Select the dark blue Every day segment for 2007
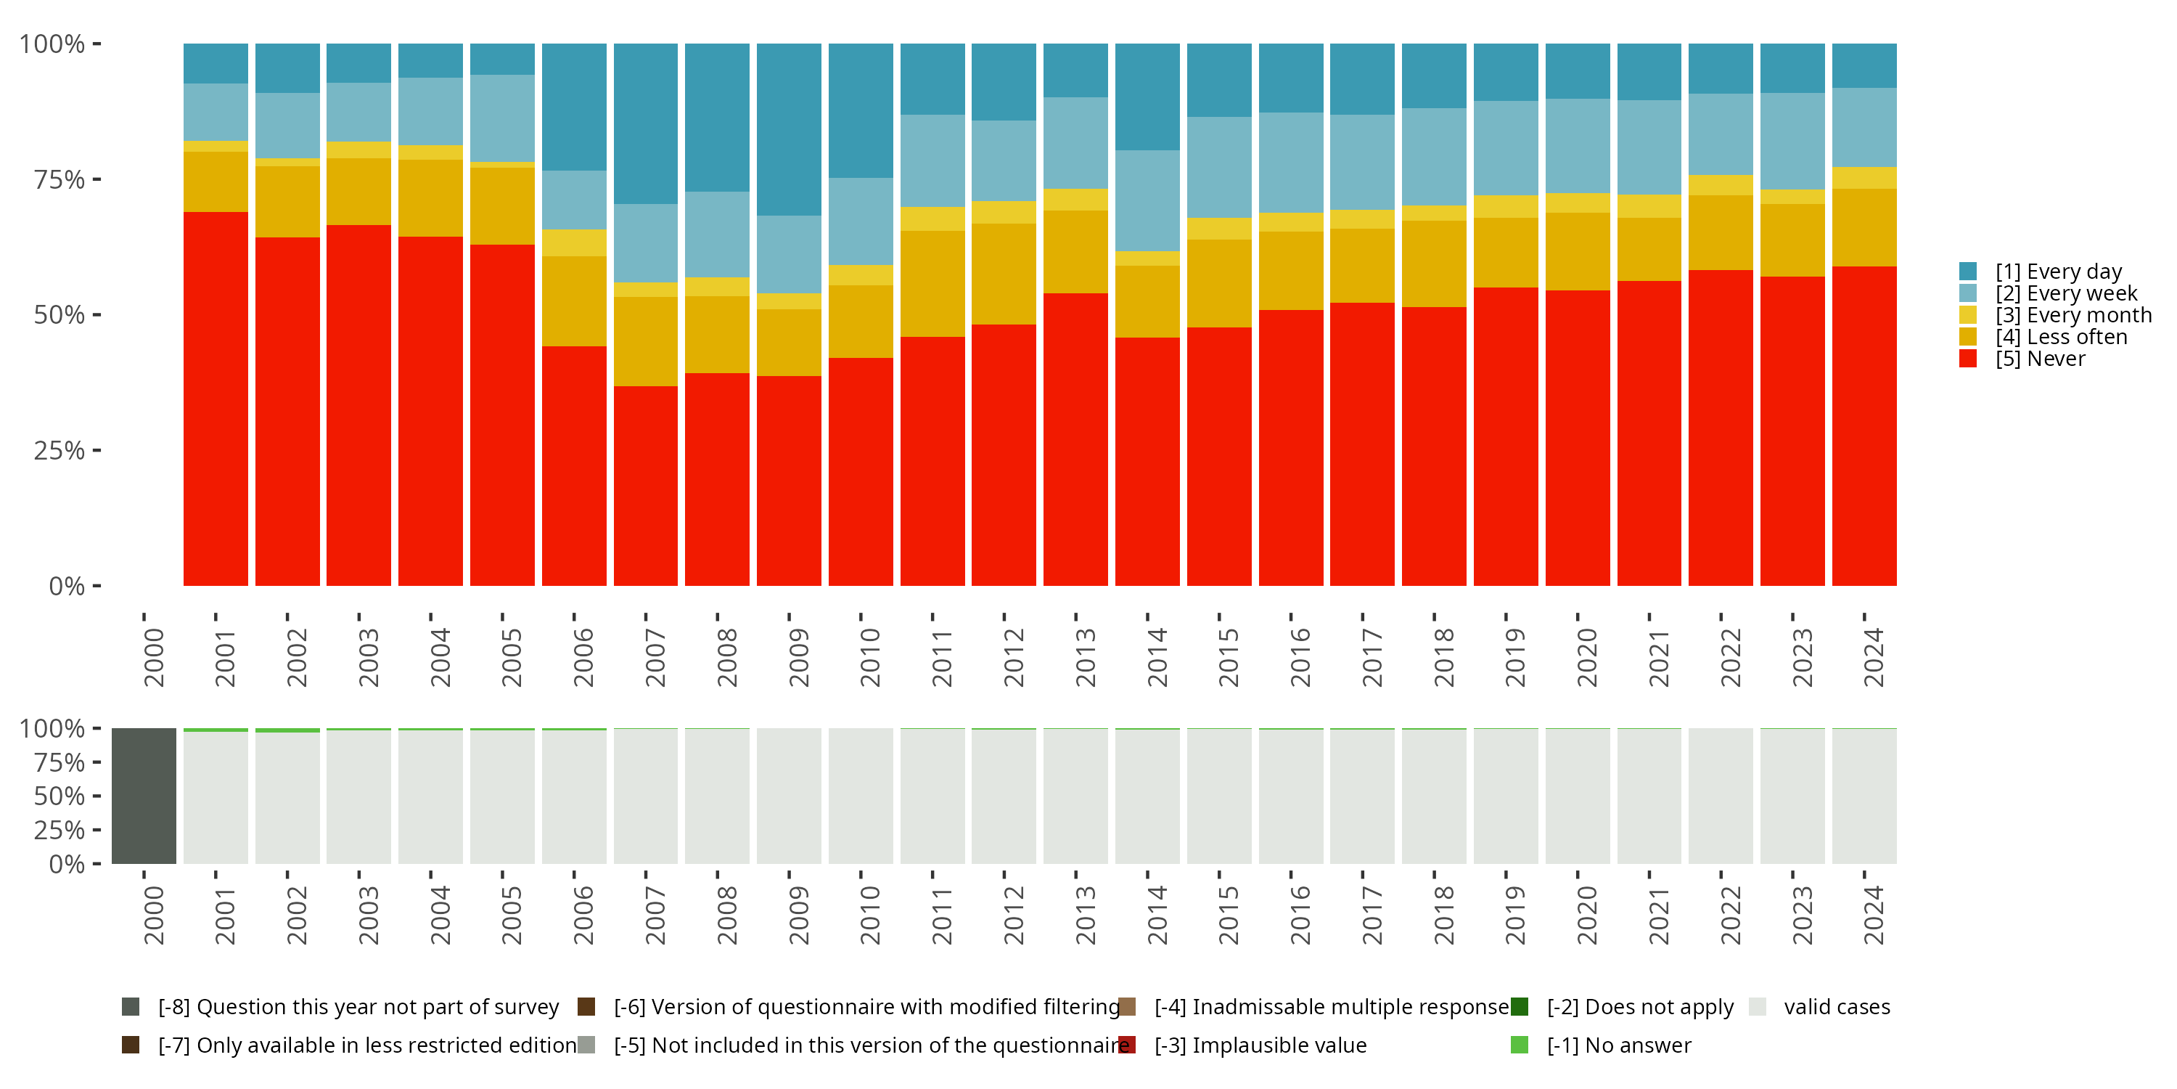coord(646,123)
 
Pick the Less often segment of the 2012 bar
coord(1004,274)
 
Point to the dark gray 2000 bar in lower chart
coord(144,796)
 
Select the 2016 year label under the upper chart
coord(1300,657)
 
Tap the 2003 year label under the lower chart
coord(369,915)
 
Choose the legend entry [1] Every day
coord(2058,272)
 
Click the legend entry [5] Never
coord(2039,359)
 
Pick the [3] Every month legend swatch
coord(1968,315)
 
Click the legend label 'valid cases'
coord(1837,1007)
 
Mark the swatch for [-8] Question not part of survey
coord(130,1007)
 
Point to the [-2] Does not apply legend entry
coord(1639,1007)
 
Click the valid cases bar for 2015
coord(1218,796)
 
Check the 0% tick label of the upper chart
coord(67,586)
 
